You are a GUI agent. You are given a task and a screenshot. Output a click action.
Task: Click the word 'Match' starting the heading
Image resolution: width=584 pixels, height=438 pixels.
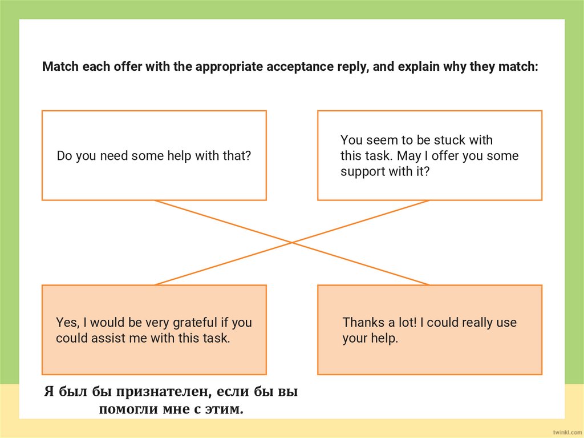(60, 67)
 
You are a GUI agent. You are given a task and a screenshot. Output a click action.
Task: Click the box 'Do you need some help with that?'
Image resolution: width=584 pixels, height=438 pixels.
(154, 155)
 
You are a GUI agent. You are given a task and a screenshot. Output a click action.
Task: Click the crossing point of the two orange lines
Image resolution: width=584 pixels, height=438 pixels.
(292, 243)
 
